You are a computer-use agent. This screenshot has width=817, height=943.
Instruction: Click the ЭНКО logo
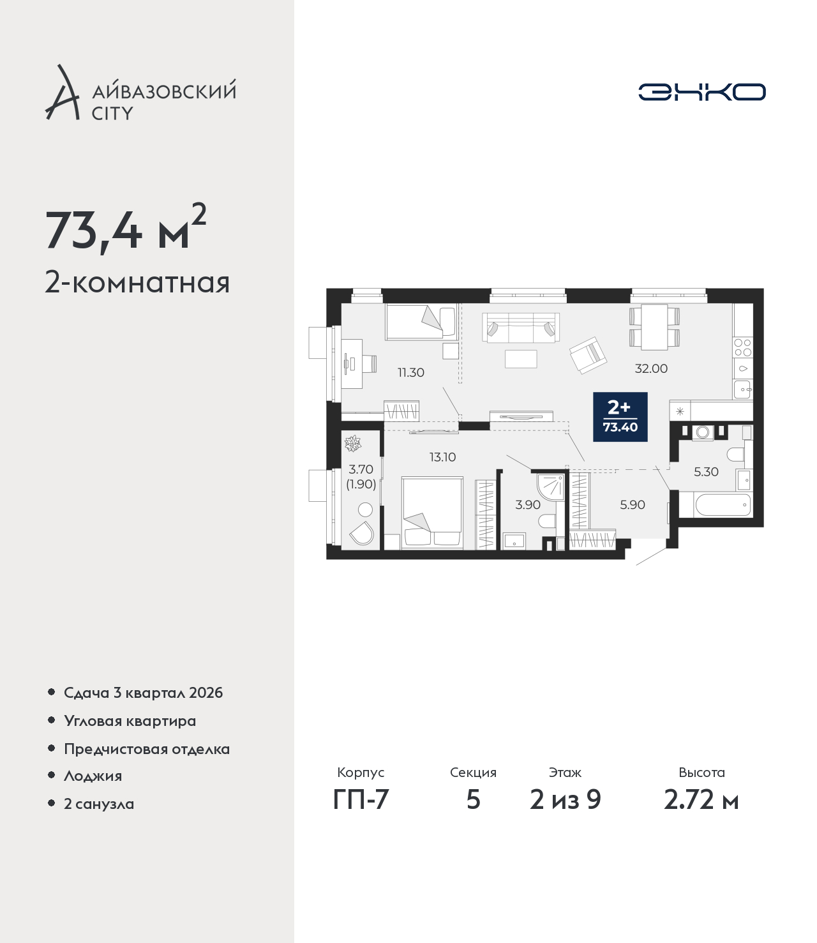pos(701,92)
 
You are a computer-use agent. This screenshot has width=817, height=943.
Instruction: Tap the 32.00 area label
pos(651,368)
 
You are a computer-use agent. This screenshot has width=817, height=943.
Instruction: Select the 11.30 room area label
pos(411,373)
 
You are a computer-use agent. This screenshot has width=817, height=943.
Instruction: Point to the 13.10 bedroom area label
pos(442,456)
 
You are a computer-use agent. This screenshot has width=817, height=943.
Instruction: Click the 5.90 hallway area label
pos(633,504)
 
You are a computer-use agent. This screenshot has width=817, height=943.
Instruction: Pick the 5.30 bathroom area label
pos(706,472)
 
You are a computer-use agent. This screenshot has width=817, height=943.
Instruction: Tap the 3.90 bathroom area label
pos(528,504)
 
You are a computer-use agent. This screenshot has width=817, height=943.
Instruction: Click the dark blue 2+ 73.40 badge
pos(620,416)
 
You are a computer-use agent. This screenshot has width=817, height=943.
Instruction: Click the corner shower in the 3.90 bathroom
pos(550,487)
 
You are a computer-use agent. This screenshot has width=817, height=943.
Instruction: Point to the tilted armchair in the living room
pos(588,355)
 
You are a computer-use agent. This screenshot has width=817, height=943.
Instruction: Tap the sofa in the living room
pos(521,328)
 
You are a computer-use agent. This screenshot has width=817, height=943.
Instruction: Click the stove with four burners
pos(742,347)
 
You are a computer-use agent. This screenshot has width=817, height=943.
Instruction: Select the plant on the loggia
pos(352,444)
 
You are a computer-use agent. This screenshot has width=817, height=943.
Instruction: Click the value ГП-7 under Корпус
pos(361,800)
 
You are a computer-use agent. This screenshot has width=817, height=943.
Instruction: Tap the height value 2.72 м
pos(701,800)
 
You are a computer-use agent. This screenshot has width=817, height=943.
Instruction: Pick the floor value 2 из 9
pos(565,800)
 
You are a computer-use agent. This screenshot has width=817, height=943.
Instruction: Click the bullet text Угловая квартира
pos(130,721)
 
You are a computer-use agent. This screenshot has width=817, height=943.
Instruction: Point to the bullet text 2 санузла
pos(99,804)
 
